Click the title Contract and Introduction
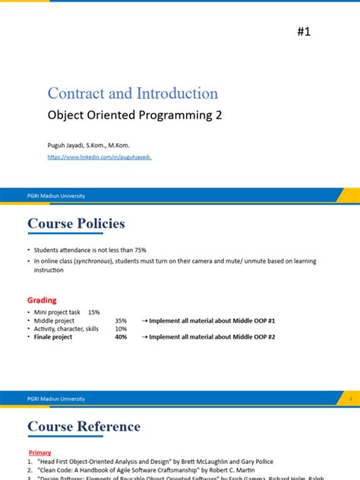(x=132, y=93)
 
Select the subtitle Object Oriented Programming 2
(x=134, y=116)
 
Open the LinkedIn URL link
(x=99, y=156)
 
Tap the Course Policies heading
(x=76, y=223)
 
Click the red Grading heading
(x=43, y=300)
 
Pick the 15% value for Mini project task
(x=93, y=312)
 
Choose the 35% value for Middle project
(x=121, y=321)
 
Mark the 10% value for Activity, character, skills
(x=121, y=329)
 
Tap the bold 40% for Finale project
(x=121, y=337)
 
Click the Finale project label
(x=53, y=337)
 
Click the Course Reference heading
(x=84, y=426)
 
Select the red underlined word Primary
(x=39, y=453)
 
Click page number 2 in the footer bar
(x=350, y=398)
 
